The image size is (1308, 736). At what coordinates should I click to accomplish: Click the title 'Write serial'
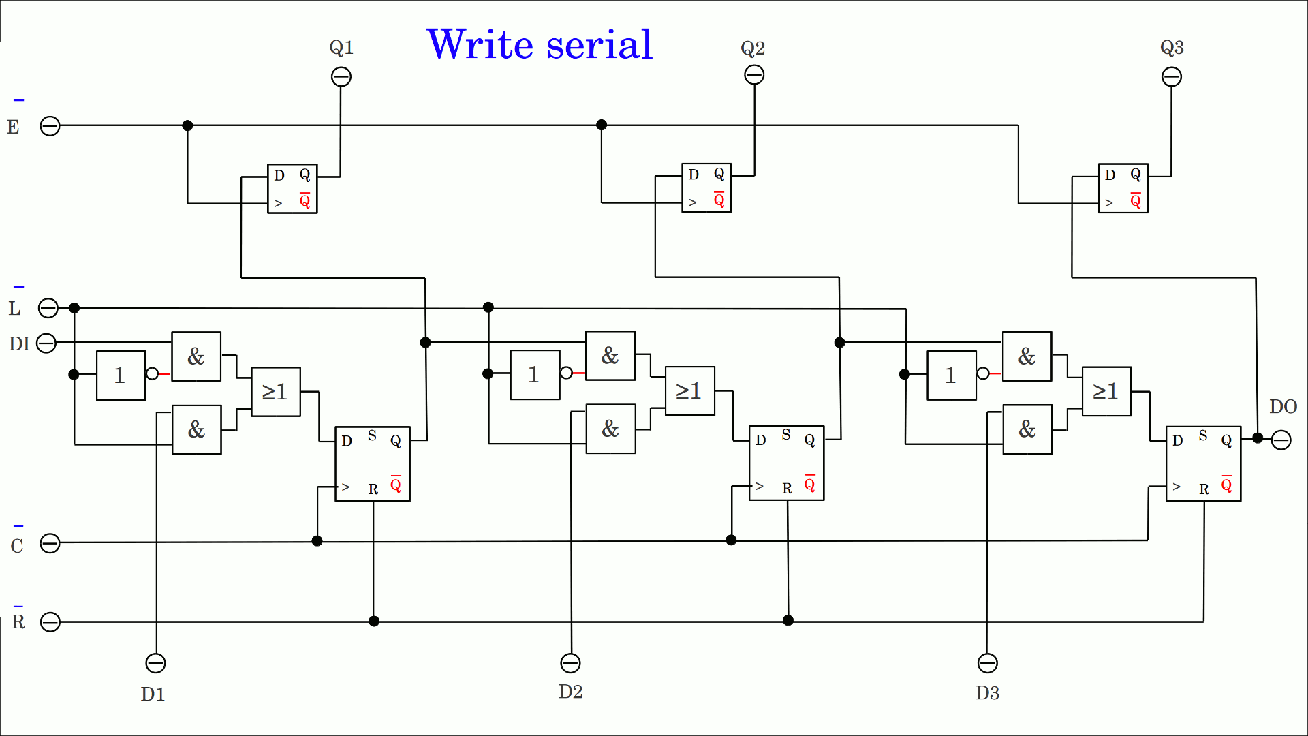(x=540, y=45)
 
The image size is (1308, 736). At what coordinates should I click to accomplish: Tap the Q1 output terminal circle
(x=341, y=77)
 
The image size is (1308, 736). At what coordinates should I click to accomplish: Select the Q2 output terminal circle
(x=754, y=75)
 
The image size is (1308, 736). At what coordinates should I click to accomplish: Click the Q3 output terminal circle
(x=1172, y=77)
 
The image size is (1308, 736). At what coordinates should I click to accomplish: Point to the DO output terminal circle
(x=1281, y=440)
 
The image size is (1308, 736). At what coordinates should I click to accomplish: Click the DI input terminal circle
(x=46, y=343)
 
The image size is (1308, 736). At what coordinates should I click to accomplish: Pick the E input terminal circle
(x=50, y=126)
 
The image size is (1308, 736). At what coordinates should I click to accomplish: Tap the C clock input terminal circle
(x=50, y=543)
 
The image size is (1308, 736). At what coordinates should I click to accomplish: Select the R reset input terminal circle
(x=50, y=622)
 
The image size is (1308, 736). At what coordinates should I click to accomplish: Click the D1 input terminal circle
(x=156, y=663)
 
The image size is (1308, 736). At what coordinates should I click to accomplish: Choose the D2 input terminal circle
(x=570, y=663)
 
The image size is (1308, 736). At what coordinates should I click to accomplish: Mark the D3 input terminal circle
(x=988, y=663)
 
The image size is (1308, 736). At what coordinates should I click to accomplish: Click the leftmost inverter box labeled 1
(x=121, y=375)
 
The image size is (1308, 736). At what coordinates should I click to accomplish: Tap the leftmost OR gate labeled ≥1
(x=276, y=392)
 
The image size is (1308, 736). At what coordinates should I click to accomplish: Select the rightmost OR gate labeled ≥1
(x=1106, y=391)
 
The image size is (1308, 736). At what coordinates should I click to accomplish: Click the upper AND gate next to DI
(x=196, y=356)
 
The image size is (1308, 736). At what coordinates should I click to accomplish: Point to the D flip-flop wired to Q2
(x=706, y=188)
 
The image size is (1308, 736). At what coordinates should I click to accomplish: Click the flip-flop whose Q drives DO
(x=1203, y=464)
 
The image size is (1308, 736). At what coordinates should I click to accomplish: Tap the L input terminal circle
(x=48, y=309)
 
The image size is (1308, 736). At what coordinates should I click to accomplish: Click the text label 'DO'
(x=1283, y=407)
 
